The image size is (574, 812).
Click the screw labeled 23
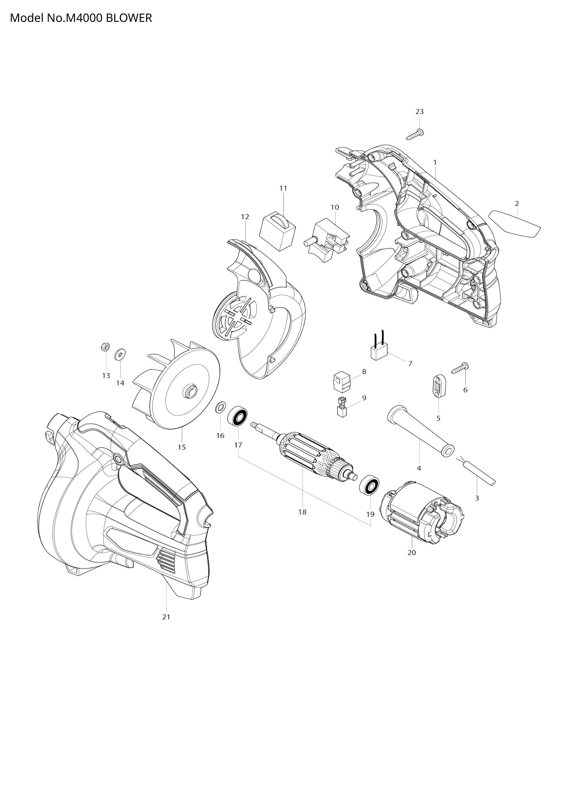(x=416, y=135)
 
